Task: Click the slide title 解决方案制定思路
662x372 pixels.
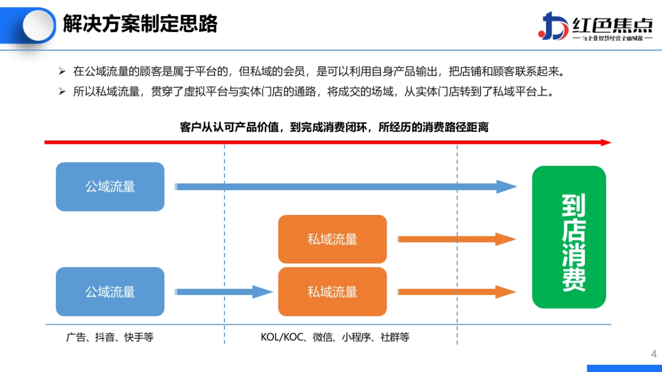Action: (140, 24)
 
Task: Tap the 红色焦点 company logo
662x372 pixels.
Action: (595, 26)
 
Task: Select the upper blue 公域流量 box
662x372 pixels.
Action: (110, 187)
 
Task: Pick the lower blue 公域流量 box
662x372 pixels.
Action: (110, 292)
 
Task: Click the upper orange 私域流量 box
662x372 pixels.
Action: (332, 239)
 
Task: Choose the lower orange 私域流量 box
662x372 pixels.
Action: (332, 292)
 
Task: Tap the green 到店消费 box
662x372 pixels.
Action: (569, 237)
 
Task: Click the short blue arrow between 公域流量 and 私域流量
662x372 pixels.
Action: (224, 292)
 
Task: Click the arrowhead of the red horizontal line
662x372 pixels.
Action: (606, 142)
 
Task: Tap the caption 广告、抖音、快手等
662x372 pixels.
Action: (109, 337)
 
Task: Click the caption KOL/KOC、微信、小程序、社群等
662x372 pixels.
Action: (335, 337)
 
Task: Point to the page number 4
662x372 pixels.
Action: (654, 354)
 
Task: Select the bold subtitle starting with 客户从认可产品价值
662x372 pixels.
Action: (334, 127)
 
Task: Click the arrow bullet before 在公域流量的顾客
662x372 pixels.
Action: (62, 72)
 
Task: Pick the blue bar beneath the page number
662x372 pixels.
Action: (624, 368)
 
